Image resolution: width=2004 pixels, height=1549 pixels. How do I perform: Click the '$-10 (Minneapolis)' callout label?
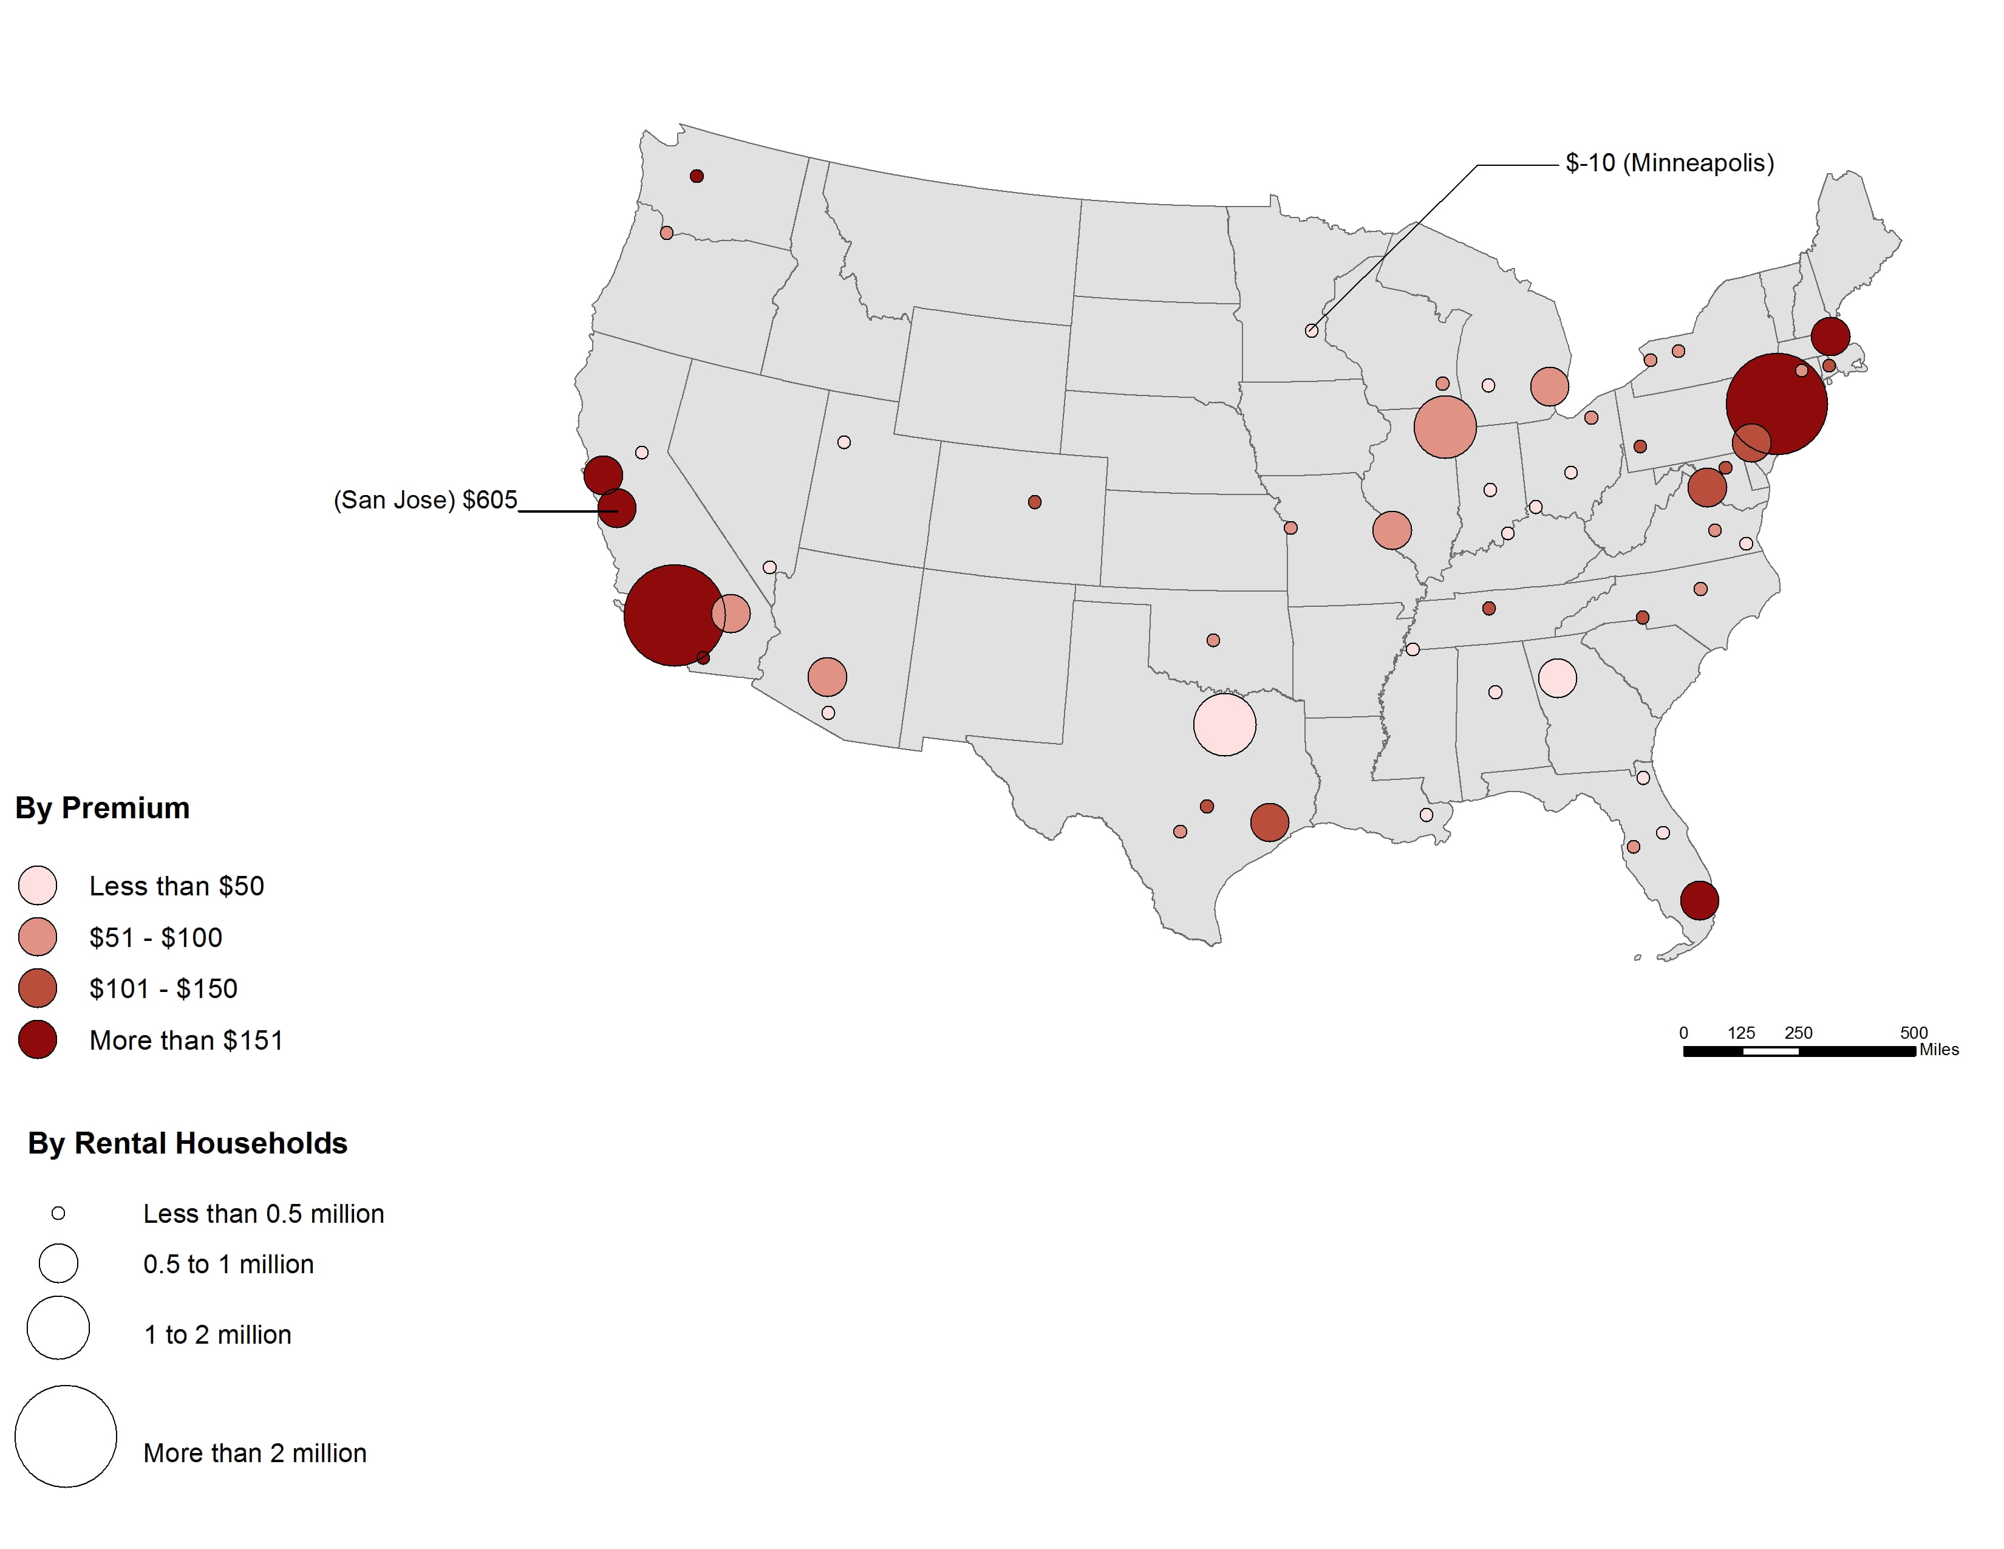point(1669,163)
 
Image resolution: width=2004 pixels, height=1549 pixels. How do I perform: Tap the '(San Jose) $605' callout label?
point(425,500)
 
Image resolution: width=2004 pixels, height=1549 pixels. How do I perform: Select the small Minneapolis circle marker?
point(1311,331)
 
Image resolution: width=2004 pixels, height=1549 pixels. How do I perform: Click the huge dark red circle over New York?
point(1776,404)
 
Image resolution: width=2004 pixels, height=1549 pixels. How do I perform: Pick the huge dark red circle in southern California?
point(673,615)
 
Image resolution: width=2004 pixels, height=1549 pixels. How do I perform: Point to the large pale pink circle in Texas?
point(1224,725)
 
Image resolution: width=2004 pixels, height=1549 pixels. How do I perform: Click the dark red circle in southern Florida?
point(1699,900)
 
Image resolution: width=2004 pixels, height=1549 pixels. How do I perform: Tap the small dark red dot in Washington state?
point(697,176)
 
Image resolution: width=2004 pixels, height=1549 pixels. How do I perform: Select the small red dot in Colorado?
point(1034,502)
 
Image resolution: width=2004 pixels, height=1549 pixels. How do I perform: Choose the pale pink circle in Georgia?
point(1557,678)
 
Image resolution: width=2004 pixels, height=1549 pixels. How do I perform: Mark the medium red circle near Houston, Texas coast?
point(1269,822)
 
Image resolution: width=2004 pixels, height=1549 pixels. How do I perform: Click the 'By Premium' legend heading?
point(103,807)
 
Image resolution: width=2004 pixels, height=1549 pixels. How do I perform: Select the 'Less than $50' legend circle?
point(38,886)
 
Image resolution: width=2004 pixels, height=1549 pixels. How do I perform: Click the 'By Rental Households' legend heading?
point(187,1143)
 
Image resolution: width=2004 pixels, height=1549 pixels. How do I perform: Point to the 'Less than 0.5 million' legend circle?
point(58,1213)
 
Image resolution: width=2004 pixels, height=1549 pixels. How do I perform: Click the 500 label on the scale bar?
point(1913,1032)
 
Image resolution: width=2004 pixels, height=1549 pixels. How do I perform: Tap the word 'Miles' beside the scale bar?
point(1939,1050)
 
